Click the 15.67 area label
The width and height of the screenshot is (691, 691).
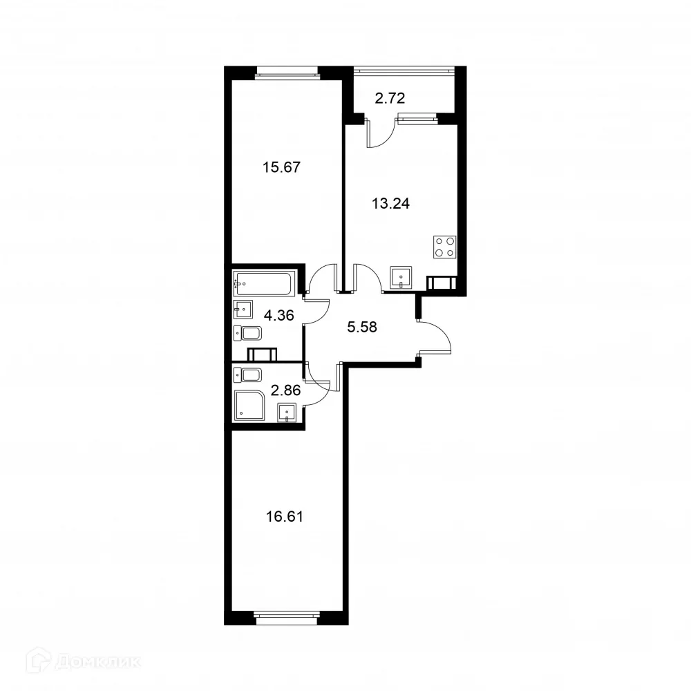tap(282, 167)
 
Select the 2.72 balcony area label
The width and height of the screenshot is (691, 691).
tap(390, 99)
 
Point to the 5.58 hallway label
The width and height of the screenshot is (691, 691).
tap(362, 327)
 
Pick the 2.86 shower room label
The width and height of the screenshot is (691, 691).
tap(285, 390)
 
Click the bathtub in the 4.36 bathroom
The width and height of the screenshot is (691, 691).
tap(264, 281)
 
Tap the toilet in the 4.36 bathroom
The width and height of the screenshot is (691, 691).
tap(248, 334)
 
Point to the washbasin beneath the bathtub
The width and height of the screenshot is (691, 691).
tap(243, 307)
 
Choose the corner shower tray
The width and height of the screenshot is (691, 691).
tap(249, 405)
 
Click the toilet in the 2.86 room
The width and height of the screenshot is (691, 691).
tap(248, 375)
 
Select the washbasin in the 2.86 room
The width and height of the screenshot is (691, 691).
tap(287, 413)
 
